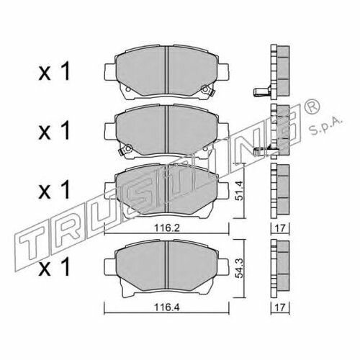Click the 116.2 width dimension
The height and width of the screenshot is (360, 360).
click(x=167, y=228)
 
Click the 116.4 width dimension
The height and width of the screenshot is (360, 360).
click(x=167, y=307)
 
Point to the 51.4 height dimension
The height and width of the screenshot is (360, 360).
click(x=239, y=191)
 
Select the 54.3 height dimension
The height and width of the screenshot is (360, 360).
click(x=239, y=269)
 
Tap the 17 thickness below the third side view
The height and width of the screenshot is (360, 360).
click(x=280, y=228)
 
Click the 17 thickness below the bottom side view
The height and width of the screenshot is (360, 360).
click(x=280, y=307)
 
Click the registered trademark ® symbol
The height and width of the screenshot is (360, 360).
click(x=312, y=107)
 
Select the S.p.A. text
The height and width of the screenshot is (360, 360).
click(x=326, y=127)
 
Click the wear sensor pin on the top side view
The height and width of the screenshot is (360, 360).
click(x=261, y=91)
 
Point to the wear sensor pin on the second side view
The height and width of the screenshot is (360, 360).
click(x=262, y=150)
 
